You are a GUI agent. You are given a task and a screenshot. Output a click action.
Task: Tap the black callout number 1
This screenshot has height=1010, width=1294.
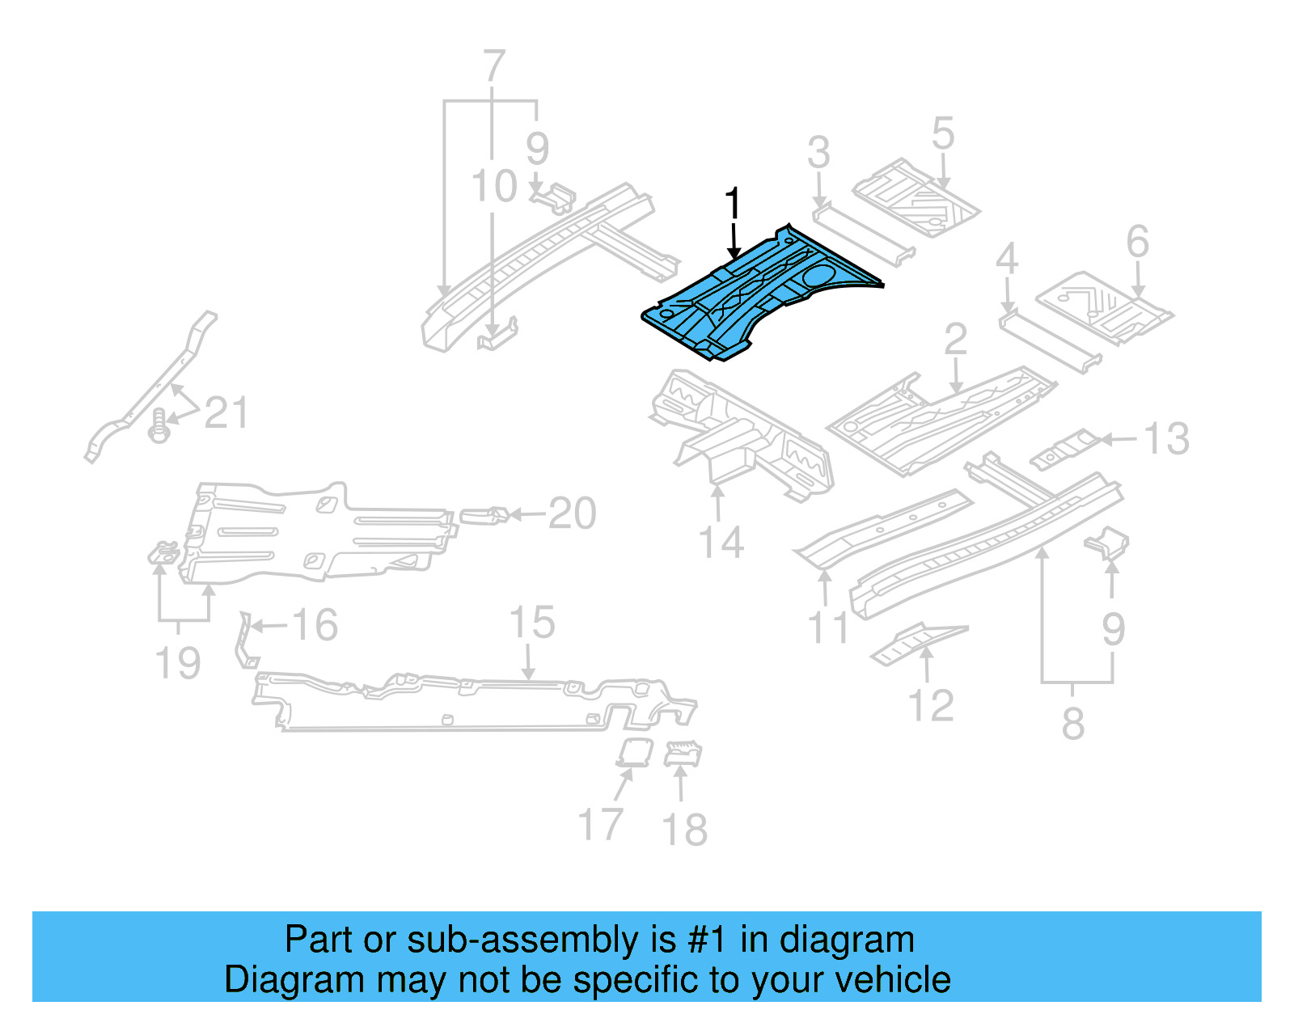[x=733, y=205]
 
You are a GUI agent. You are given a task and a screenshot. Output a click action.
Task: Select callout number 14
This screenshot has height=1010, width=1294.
[x=721, y=543]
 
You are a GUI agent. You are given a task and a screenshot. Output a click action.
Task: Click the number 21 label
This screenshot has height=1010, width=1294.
[x=226, y=413]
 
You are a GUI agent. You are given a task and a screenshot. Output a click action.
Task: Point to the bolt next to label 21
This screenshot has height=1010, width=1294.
[x=160, y=426]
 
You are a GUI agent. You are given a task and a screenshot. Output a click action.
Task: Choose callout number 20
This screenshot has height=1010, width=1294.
[x=572, y=513]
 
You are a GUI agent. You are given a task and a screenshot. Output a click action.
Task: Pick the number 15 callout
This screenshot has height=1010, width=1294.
[x=531, y=623]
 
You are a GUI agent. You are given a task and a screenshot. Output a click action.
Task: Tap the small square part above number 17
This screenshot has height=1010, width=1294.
[x=634, y=751]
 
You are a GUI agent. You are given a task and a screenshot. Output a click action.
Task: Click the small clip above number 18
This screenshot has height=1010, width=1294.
[x=683, y=754]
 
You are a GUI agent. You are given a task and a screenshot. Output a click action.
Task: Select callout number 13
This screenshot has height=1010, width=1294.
[x=1165, y=439]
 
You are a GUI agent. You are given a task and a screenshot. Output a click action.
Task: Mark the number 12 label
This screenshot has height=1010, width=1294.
[x=931, y=706]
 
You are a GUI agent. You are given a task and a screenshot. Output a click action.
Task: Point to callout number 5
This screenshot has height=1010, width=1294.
[x=942, y=133]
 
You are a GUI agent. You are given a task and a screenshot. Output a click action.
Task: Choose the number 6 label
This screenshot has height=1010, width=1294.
[x=1137, y=242]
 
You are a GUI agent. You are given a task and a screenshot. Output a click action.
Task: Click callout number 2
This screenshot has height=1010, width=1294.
[x=955, y=340]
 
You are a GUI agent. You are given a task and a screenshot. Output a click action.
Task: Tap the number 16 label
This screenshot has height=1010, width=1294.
[x=314, y=625]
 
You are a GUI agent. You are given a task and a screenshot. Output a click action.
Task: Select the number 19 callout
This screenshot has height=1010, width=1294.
[x=177, y=663]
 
